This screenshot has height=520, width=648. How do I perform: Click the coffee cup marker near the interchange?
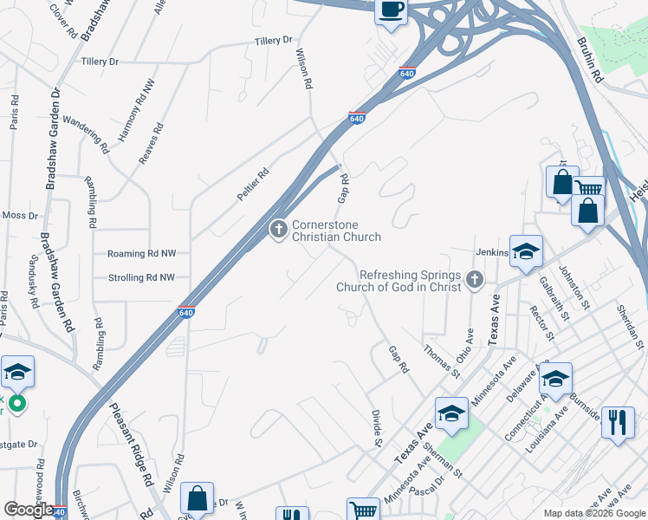pos(391,10)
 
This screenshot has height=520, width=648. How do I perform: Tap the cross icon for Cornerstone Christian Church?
pos(278,230)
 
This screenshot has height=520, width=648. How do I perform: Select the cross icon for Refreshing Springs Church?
pos(473,279)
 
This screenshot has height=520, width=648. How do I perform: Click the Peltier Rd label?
pos(254,185)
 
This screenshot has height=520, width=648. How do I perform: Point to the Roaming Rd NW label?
pos(141,254)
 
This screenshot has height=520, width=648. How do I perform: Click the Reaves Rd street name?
pos(151,144)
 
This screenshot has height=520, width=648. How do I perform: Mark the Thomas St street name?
pos(442,361)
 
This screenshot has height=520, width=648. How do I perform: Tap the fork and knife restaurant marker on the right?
pos(617,422)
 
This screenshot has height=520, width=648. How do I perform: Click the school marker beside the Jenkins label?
pos(525,250)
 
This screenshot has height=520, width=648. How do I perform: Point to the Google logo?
pos(29,510)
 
